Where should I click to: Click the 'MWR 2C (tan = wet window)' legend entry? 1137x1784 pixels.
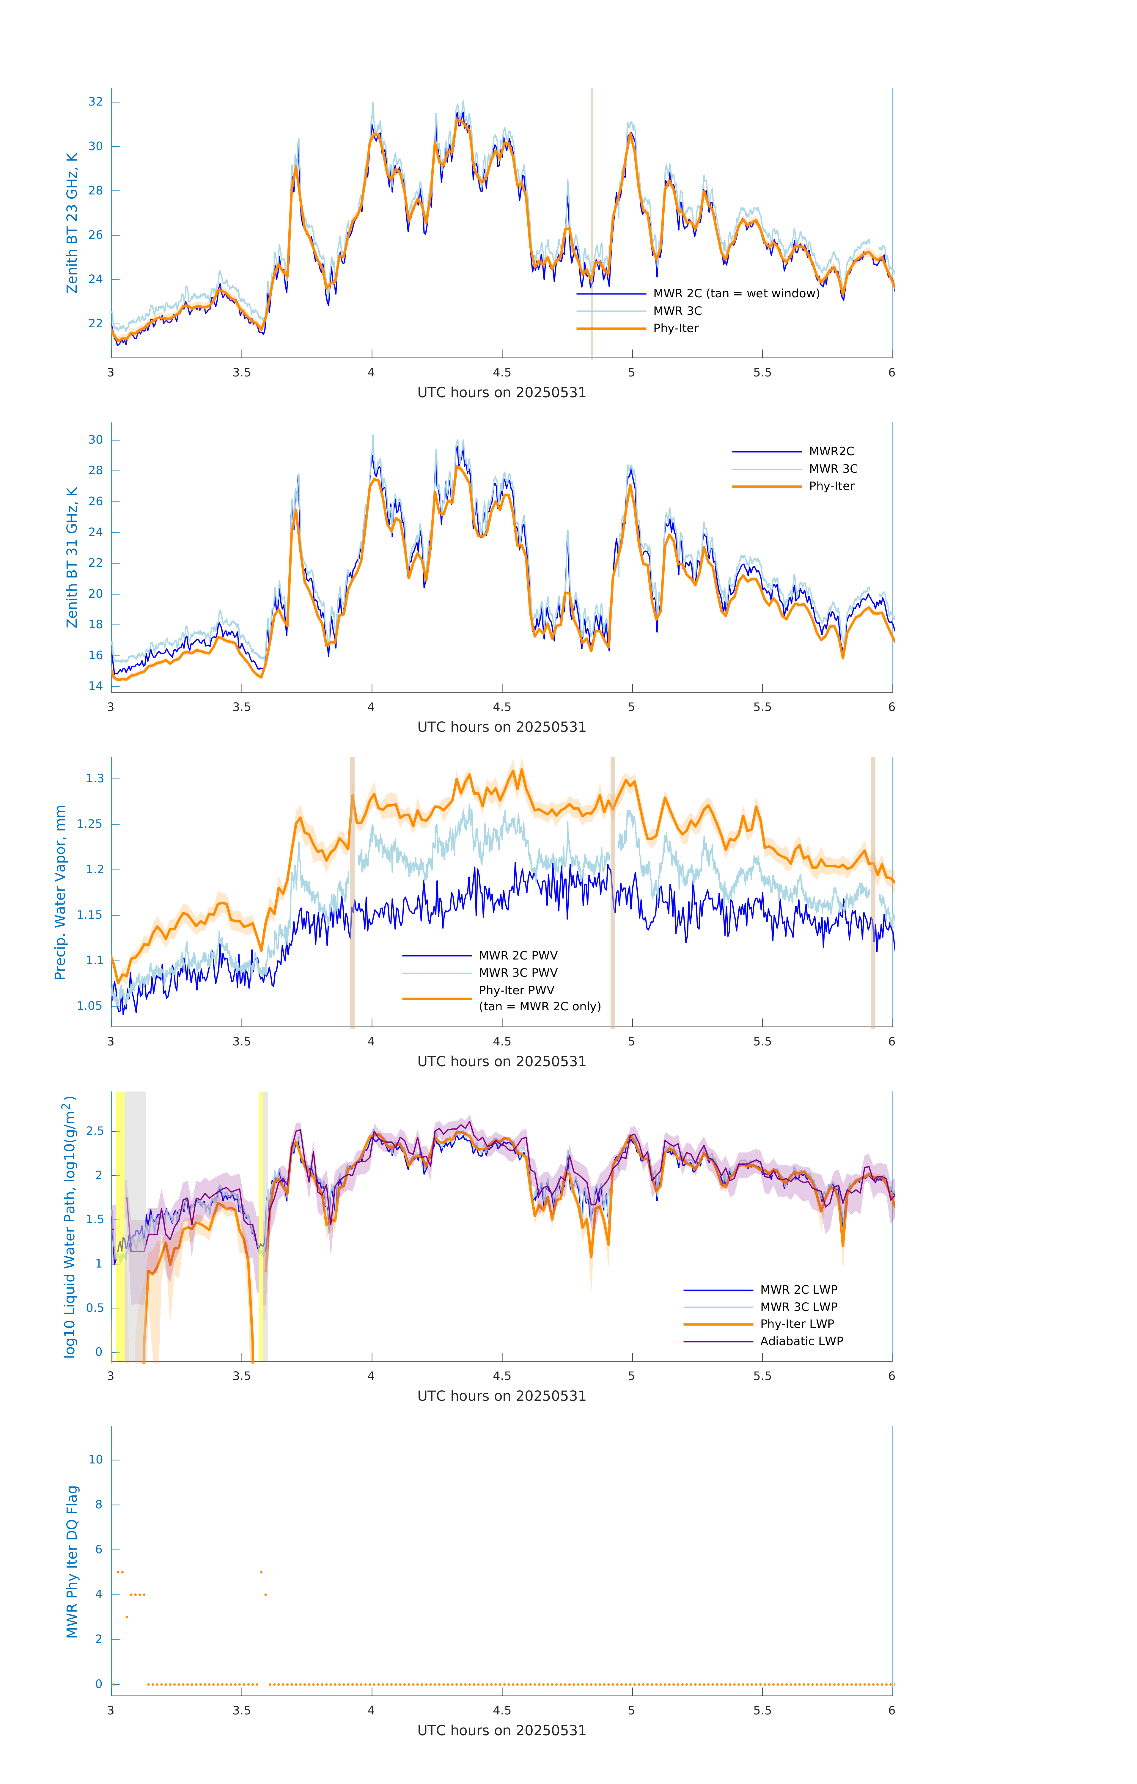735,293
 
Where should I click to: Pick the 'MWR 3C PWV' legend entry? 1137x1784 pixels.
518,973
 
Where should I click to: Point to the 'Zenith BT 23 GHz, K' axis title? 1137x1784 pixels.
72,223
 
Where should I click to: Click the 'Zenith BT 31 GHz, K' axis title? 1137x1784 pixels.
72,557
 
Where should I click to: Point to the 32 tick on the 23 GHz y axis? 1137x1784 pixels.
95,101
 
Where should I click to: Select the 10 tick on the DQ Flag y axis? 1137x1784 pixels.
95,1460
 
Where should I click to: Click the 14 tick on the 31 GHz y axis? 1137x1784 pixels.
95,685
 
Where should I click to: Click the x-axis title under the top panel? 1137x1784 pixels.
501,393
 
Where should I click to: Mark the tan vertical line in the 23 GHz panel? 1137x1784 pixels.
592,222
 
